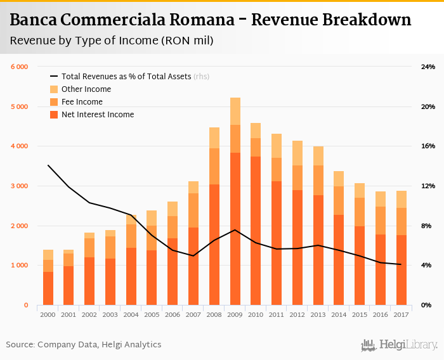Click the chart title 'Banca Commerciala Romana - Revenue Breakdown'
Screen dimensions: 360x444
point(211,20)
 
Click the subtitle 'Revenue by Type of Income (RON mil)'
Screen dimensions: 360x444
point(112,41)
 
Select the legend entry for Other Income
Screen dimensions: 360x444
point(86,89)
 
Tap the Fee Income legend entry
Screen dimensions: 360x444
point(82,102)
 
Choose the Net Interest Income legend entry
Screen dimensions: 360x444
point(98,115)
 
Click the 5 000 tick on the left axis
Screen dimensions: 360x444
point(19,106)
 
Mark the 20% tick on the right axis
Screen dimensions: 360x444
point(428,106)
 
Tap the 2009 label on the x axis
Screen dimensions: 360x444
point(235,314)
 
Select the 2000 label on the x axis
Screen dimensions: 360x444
point(48,314)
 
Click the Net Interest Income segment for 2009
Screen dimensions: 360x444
point(235,228)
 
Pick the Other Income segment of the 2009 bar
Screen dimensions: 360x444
point(235,112)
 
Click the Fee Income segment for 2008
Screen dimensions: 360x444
point(214,166)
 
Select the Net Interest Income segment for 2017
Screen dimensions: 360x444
point(401,270)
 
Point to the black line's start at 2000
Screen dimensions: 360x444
point(48,165)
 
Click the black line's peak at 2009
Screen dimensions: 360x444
point(235,229)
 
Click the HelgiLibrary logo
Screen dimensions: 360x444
point(400,345)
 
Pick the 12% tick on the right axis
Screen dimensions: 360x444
point(428,186)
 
